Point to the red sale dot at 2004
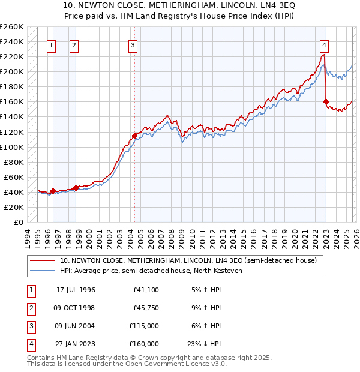tap(134, 136)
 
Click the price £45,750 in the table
tap(144, 308)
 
